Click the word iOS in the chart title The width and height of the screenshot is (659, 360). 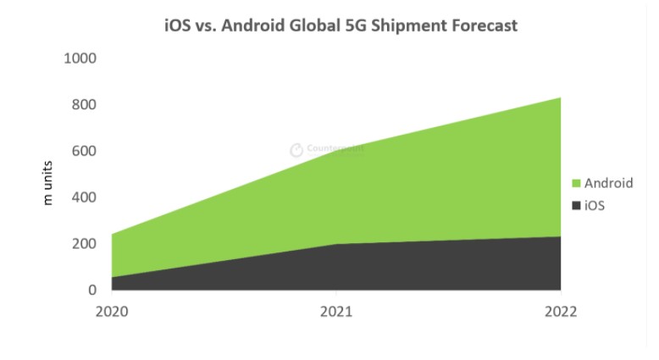pos(178,25)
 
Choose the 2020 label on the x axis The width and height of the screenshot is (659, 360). pos(111,311)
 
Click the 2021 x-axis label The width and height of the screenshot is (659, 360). pos(336,311)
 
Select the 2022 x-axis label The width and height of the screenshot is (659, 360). pos(560,311)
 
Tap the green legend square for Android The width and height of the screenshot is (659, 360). pos(576,184)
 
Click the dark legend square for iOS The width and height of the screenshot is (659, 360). pos(576,206)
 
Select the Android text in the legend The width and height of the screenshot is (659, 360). pos(608,184)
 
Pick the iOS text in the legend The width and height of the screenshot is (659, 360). pos(595,206)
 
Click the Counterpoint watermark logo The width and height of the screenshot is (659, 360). pos(296,150)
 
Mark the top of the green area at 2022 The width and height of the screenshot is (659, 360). pos(560,98)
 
